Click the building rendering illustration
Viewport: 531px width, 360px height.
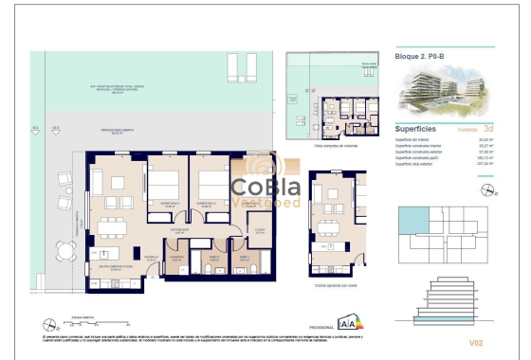click(442, 90)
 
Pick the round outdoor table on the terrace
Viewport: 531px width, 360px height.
click(65, 252)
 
